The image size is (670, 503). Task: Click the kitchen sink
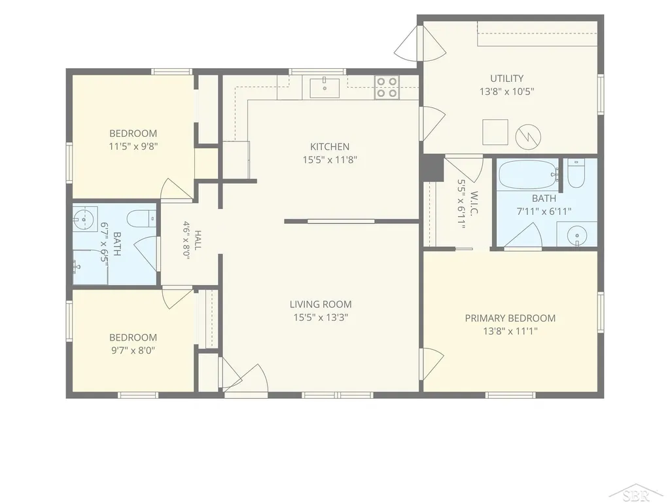(x=325, y=88)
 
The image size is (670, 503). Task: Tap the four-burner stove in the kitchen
(x=387, y=87)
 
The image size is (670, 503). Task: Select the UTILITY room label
(x=507, y=79)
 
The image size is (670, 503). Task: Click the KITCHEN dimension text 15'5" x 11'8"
(x=330, y=160)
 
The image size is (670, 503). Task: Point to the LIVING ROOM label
(x=321, y=304)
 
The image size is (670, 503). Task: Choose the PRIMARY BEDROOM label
(x=510, y=318)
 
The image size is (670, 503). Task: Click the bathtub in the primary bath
(x=529, y=174)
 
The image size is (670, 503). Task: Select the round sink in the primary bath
(x=577, y=236)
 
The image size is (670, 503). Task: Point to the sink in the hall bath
(x=84, y=219)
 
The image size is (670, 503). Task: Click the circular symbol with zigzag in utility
(x=528, y=136)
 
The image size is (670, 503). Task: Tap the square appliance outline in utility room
(x=495, y=132)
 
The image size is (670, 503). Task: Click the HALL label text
(x=198, y=240)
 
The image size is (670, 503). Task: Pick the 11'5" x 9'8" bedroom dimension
(x=133, y=146)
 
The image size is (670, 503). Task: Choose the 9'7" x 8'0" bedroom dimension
(x=133, y=350)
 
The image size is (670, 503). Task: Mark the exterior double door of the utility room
(x=420, y=43)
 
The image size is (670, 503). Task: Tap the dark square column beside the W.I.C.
(x=433, y=168)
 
